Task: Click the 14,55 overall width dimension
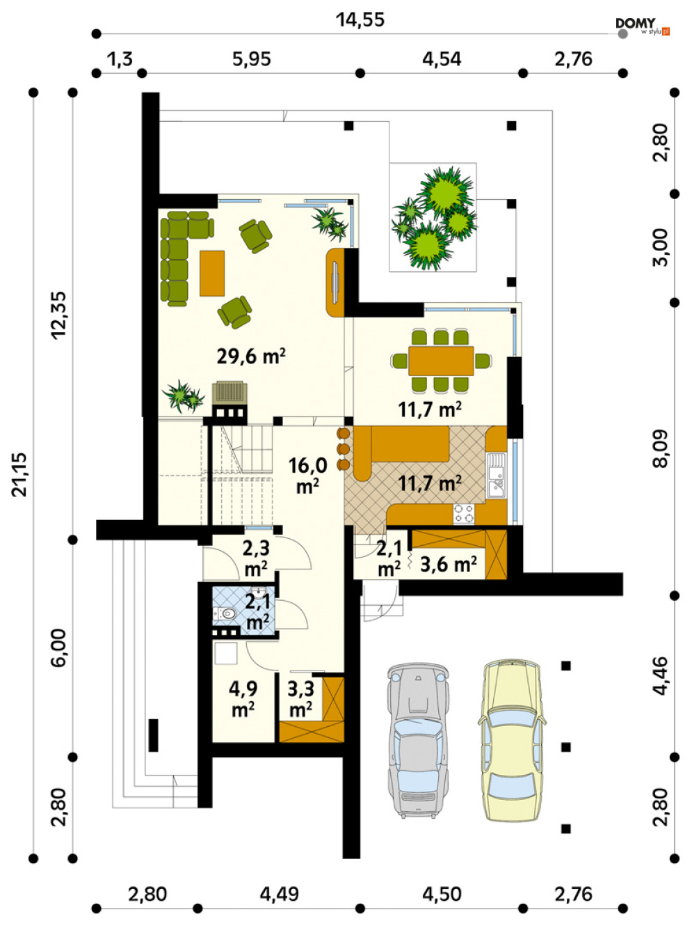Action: [360, 19]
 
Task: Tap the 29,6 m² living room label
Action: [251, 356]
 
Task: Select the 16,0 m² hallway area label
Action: [307, 476]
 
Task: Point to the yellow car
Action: [511, 740]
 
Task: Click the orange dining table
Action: [441, 361]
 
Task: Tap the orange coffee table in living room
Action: [212, 274]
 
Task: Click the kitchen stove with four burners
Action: [464, 513]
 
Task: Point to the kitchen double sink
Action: [496, 476]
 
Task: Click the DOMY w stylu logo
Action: [642, 26]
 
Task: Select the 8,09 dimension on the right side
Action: [660, 449]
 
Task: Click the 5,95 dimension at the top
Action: [252, 59]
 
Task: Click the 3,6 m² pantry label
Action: [449, 564]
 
